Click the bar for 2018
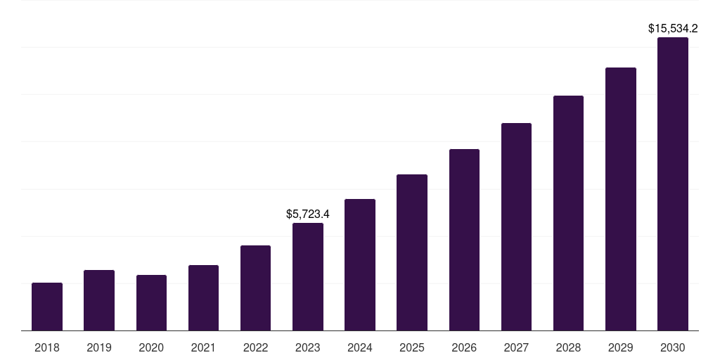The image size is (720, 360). (x=47, y=307)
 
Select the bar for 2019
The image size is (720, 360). (x=99, y=300)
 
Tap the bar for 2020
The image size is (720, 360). (x=151, y=302)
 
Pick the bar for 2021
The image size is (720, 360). (x=203, y=297)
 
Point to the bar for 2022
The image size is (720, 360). (x=255, y=288)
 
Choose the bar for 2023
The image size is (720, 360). (x=308, y=276)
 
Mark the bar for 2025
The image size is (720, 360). (x=412, y=252)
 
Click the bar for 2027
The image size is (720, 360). (x=516, y=226)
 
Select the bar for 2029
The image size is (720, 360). (x=620, y=199)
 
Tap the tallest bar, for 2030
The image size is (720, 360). (x=673, y=184)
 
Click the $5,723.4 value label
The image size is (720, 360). (x=308, y=214)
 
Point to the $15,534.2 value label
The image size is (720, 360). (x=673, y=29)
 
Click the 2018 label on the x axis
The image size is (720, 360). (x=47, y=347)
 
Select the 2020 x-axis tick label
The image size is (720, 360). (x=151, y=347)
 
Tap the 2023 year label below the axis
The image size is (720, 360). (x=308, y=347)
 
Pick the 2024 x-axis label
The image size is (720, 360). (x=360, y=347)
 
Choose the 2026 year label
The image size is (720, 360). (x=464, y=347)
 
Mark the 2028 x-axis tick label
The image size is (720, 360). (x=568, y=347)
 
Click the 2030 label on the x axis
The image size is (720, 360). (x=673, y=347)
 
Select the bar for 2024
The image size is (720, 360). (x=360, y=264)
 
